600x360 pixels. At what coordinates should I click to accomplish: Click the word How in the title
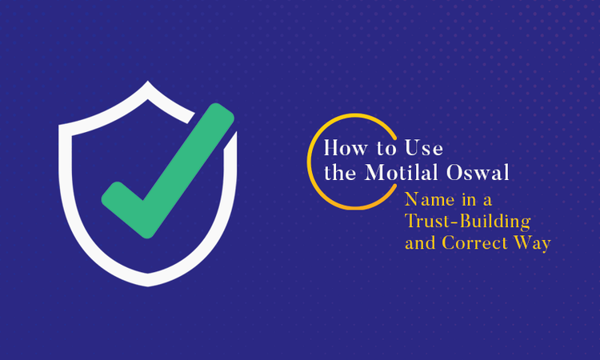343,149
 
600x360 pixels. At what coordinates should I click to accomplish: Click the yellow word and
421,242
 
